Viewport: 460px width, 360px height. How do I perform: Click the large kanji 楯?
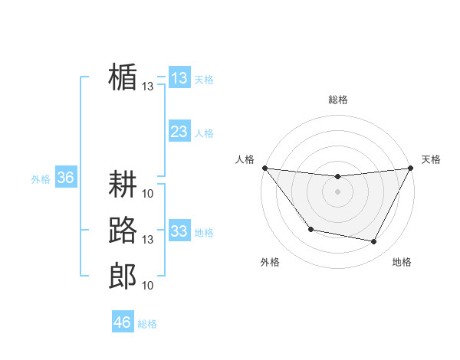pos(123,77)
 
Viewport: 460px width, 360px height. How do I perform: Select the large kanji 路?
pos(123,231)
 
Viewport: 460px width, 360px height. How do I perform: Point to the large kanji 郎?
pos(123,276)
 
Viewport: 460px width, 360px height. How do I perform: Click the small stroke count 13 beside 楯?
pos(148,87)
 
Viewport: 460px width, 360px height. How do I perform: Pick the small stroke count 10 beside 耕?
pos(148,193)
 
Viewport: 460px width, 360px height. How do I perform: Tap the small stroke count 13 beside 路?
pos(148,240)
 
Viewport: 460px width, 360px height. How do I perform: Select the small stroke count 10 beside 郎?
pos(148,285)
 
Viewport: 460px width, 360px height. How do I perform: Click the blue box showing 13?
pos(179,78)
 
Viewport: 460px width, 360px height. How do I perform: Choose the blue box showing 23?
pos(179,132)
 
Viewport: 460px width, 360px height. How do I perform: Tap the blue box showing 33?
pos(179,231)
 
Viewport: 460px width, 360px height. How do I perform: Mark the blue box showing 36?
pos(65,178)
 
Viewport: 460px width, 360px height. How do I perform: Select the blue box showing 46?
pos(123,322)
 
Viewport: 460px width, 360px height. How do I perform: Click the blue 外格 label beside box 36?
pos(41,179)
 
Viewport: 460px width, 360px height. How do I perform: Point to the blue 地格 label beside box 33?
pos(204,233)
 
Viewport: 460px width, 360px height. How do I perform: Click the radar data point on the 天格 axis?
pos(411,169)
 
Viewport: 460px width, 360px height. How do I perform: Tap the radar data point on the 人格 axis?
pos(264,168)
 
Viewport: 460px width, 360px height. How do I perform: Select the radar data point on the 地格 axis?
pos(374,242)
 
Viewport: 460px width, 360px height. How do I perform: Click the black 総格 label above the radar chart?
pos(337,100)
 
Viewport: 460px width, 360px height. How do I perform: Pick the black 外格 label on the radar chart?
pos(270,263)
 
